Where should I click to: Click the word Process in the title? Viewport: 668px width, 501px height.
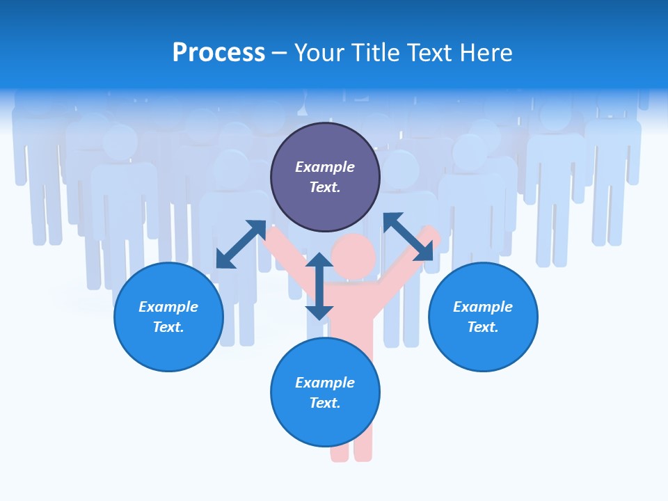218,53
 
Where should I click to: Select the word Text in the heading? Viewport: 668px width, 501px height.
430,53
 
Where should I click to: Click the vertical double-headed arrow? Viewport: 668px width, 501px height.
319,286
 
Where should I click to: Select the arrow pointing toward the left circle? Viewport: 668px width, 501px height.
241,244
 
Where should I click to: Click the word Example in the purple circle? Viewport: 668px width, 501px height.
325,167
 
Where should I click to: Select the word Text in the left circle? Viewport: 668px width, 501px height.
168,327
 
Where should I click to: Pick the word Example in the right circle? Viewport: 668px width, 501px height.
483,307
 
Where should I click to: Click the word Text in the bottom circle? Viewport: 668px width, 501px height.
325,403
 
